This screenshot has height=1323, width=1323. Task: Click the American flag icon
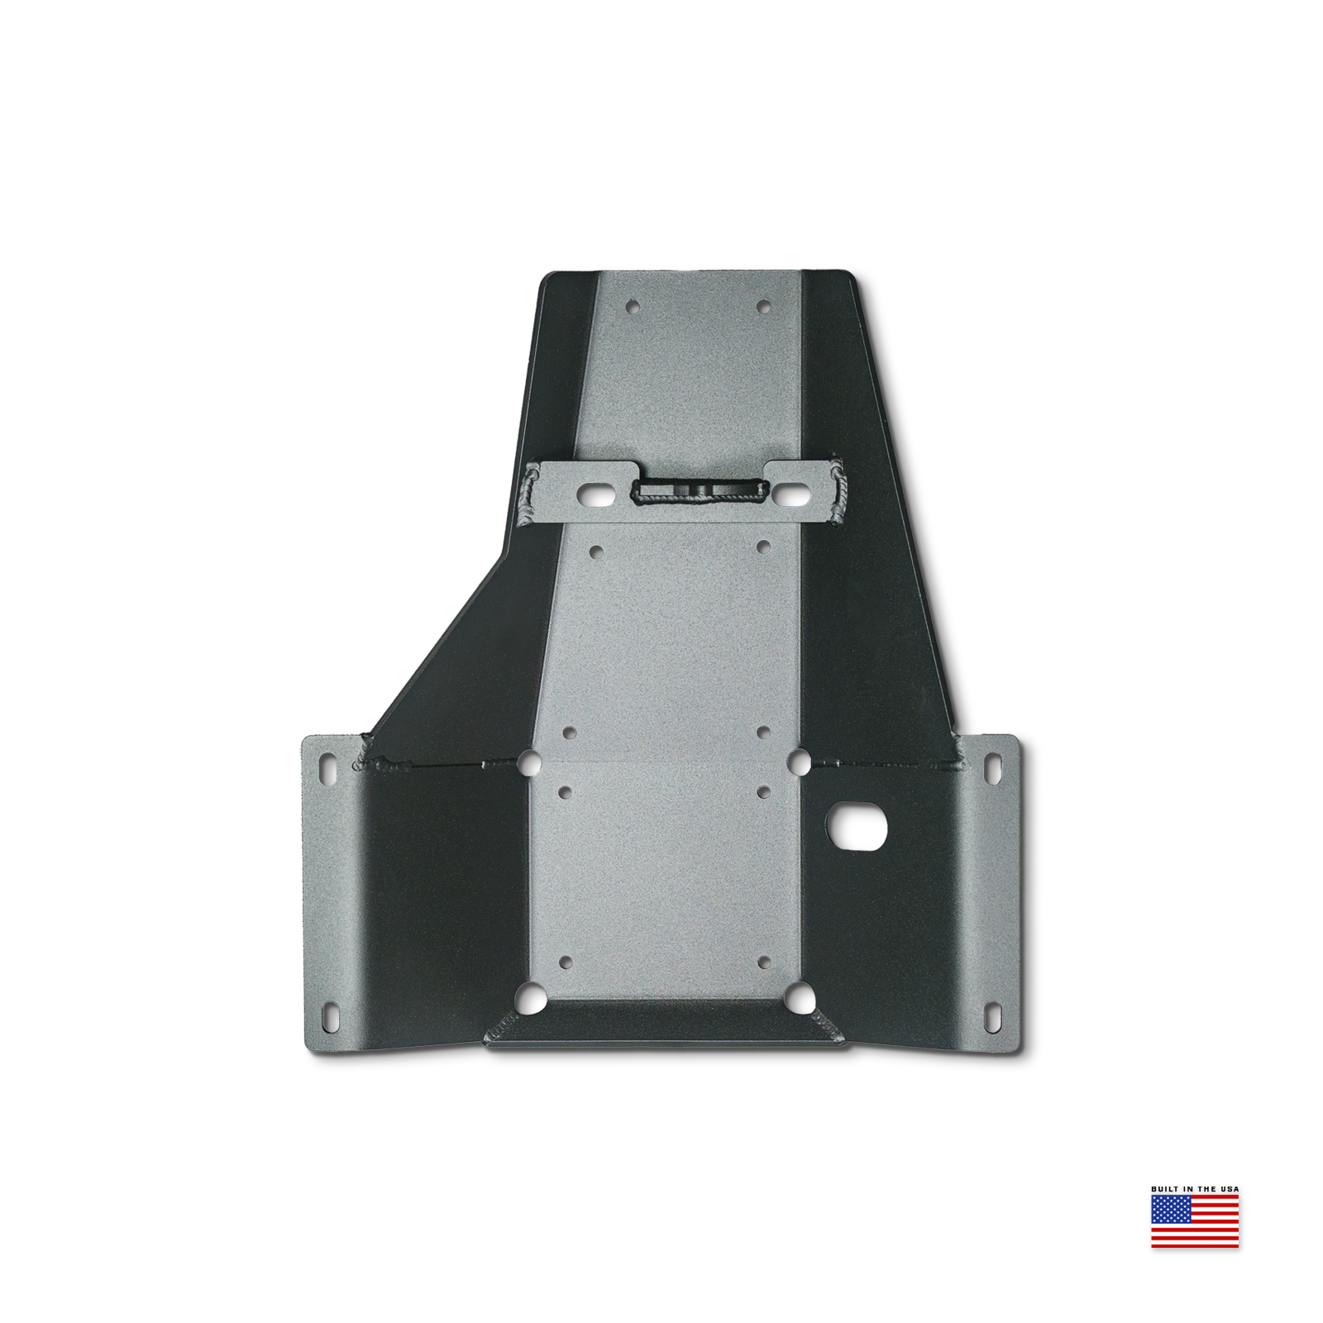coord(1195,1220)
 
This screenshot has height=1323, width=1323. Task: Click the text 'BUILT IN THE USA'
coord(1195,1189)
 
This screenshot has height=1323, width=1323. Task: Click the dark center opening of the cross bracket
coord(698,492)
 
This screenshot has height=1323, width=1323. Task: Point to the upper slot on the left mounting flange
coord(329,766)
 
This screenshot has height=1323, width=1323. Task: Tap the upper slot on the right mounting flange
coord(991,766)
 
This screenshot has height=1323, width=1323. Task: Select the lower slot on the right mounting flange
coord(991,1018)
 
